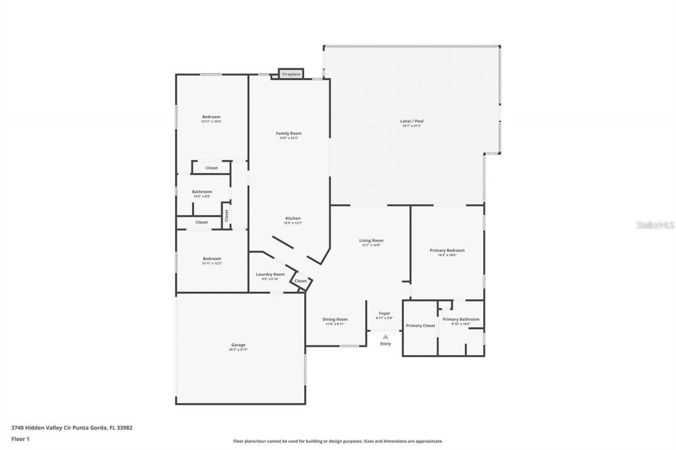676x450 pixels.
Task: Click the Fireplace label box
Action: coord(291,74)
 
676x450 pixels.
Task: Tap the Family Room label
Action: coord(288,133)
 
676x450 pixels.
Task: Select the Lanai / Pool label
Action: coord(411,121)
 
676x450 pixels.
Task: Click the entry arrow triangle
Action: coord(386,337)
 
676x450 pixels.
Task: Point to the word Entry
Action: coord(386,344)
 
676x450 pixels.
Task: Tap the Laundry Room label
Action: coord(270,274)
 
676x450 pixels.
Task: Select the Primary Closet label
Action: coord(420,326)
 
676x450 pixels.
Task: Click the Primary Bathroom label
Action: coord(461,319)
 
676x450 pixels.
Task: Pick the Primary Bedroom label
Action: coord(447,251)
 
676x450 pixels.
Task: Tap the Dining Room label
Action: coord(335,319)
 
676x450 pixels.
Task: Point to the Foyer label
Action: coord(385,313)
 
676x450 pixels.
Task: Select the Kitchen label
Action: coord(293,218)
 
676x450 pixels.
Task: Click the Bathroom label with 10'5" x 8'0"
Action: coord(202,192)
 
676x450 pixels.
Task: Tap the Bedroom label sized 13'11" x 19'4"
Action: coord(211,117)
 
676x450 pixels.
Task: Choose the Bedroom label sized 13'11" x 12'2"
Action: coord(211,258)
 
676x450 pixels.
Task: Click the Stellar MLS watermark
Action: coord(655,225)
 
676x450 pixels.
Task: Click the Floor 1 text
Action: coord(20,438)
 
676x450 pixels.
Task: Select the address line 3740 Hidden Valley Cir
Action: coord(71,428)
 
